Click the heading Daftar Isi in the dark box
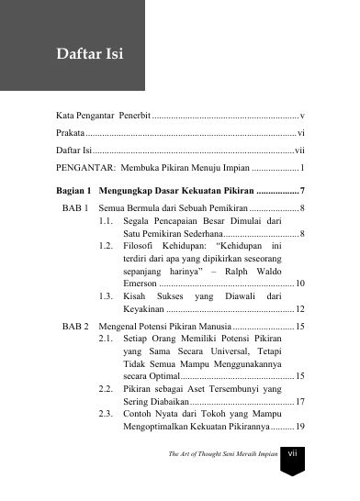pyautogui.click(x=90, y=54)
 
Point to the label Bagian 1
pyautogui.click(x=73, y=191)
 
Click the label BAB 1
pyautogui.click(x=74, y=209)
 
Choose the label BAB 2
pyautogui.click(x=74, y=352)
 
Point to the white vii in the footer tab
pyautogui.click(x=292, y=477)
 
